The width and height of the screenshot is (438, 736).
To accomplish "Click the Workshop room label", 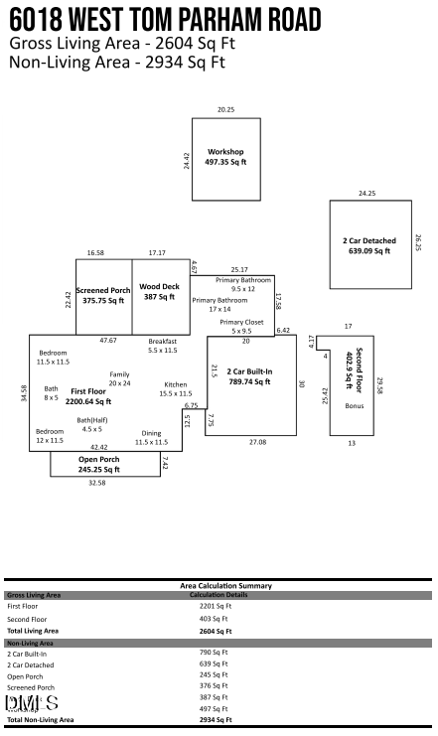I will point(225,152).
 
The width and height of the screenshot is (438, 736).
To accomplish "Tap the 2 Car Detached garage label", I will point(369,240).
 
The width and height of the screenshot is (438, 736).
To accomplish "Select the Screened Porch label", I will point(103,291).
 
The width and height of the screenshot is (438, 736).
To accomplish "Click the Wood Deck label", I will point(159,287).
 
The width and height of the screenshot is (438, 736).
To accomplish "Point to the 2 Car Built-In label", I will point(250,371).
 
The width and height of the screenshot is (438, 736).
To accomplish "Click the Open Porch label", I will point(98,460).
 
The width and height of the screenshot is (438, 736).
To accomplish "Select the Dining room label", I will point(151,433).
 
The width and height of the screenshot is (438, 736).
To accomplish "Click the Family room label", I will point(119,374).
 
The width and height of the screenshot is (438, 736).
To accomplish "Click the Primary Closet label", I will point(241,322).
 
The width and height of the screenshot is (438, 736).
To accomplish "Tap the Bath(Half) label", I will point(91,420).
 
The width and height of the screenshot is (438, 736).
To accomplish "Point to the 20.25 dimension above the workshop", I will point(225,109).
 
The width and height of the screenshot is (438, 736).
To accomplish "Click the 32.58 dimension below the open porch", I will point(96,483).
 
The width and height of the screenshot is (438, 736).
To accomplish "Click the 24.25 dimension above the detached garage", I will point(367,193).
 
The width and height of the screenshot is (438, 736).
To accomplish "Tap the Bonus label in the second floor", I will point(354,406).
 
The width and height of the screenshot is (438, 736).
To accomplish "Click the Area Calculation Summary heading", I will point(218,586).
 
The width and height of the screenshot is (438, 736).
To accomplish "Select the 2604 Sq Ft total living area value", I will point(216,630).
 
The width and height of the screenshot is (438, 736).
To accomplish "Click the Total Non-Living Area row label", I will point(40,719).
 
